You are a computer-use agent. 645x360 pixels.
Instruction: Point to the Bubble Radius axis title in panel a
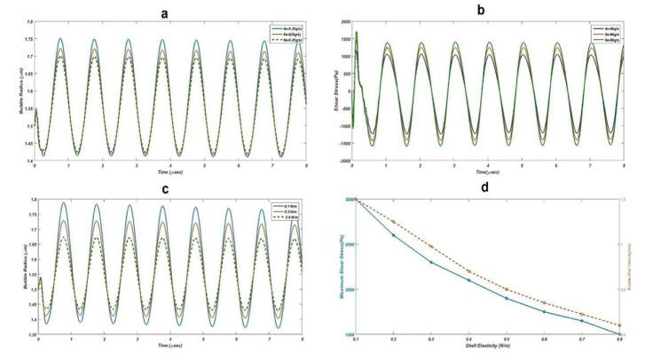coord(17,89)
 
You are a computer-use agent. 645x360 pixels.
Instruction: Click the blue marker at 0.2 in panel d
coord(394,235)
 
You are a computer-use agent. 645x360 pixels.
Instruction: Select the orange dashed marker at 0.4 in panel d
coord(469,271)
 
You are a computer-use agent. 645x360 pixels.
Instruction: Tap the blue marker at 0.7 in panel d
coord(582,320)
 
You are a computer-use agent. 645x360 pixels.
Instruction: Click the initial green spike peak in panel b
coord(357,33)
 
